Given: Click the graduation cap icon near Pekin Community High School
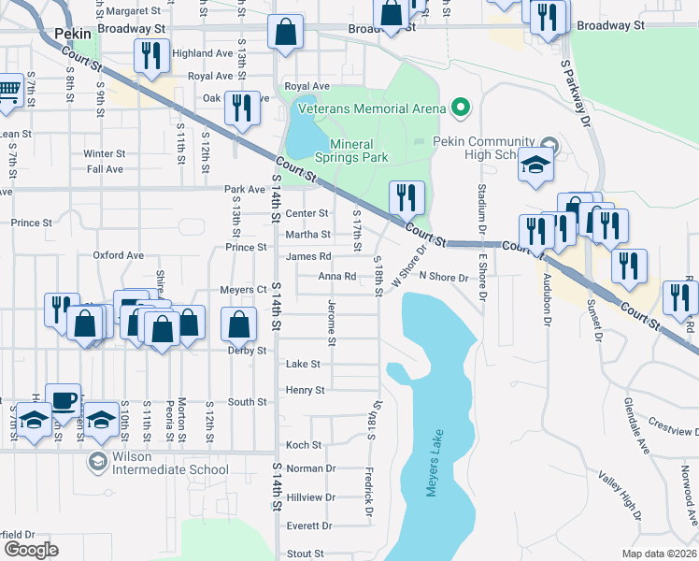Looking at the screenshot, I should (537, 165).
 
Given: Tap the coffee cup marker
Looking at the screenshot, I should (63, 400).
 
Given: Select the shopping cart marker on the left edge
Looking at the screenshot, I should (8, 92).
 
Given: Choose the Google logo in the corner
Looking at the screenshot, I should (31, 550).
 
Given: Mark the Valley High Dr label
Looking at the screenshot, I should (622, 495).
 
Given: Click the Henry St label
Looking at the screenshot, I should (306, 390).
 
